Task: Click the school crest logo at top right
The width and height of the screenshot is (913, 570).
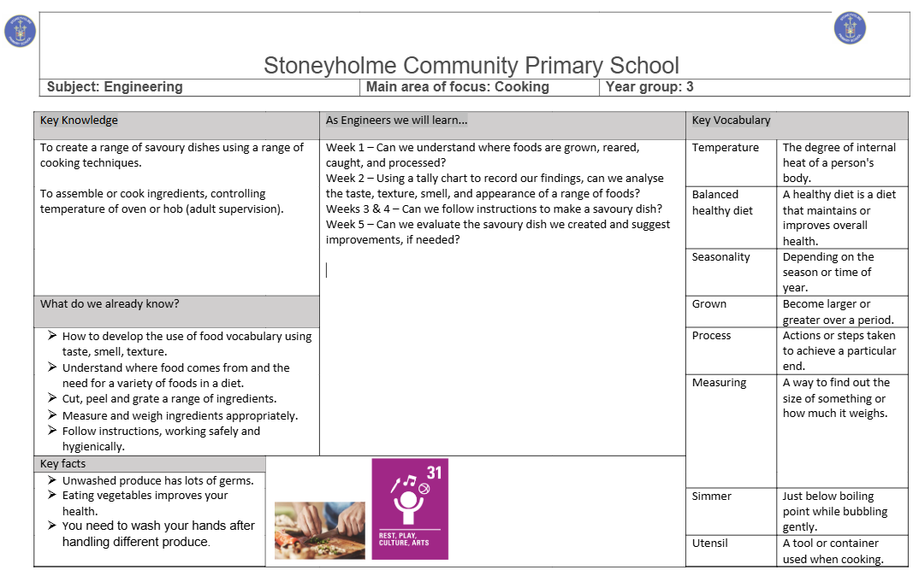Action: [850, 28]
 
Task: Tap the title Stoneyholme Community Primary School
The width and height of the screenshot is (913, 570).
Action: [471, 66]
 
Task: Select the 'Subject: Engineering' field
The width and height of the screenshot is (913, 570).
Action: [115, 86]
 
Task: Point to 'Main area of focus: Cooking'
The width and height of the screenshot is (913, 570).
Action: [457, 86]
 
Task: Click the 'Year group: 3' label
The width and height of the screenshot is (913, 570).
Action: [649, 86]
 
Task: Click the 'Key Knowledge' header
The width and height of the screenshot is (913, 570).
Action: [79, 120]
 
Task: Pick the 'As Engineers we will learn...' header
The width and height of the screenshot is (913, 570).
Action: [396, 120]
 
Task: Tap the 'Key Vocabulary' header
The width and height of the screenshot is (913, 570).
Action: [731, 120]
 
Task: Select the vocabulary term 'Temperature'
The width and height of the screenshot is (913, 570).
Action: [725, 148]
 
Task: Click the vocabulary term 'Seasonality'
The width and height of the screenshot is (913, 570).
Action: [720, 257]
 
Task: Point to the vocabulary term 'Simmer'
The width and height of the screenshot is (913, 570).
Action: [711, 497]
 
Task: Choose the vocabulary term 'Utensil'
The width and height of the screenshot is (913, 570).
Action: [709, 544]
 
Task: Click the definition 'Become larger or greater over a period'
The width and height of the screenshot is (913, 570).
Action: [838, 312]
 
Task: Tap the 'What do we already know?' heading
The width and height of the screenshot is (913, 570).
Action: [110, 303]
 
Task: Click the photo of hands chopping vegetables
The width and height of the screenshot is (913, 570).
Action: [319, 530]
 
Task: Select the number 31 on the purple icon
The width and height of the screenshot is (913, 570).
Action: [434, 472]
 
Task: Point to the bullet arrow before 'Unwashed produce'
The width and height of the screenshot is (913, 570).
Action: [52, 480]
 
